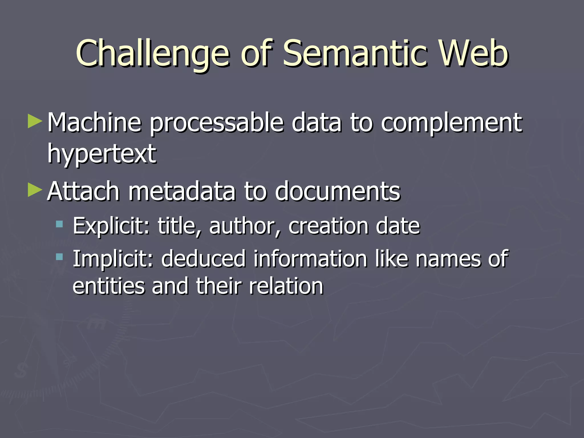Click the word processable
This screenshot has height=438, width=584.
coord(217,123)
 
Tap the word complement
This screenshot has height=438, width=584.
coord(451,123)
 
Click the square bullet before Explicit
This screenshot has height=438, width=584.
coord(59,224)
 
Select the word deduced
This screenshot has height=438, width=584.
coord(203,259)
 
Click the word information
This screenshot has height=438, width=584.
coord(311,259)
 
